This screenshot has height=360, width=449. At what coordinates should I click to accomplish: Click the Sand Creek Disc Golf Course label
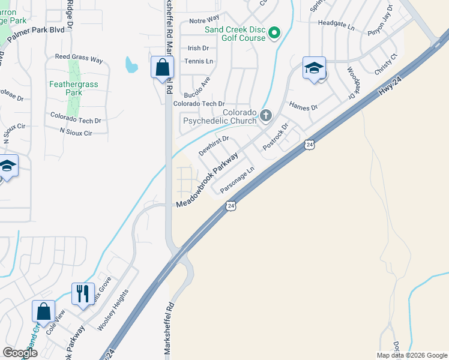pos(235,34)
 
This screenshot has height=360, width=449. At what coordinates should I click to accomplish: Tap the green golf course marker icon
pos(274,32)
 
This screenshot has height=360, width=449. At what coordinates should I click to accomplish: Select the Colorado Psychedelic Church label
pos(220,116)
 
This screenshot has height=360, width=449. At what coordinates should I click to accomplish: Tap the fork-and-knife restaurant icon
pos(83,294)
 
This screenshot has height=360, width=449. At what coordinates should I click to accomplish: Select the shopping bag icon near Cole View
pos(43,312)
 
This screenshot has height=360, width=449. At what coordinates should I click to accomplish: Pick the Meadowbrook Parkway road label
pos(207,179)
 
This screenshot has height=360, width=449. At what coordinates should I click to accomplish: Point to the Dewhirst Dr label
pos(214,146)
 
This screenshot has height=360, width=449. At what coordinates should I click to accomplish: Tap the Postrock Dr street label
pos(276,135)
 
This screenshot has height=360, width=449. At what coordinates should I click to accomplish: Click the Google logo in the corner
pos(19,353)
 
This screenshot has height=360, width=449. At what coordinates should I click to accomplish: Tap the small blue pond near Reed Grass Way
pos(130,64)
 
